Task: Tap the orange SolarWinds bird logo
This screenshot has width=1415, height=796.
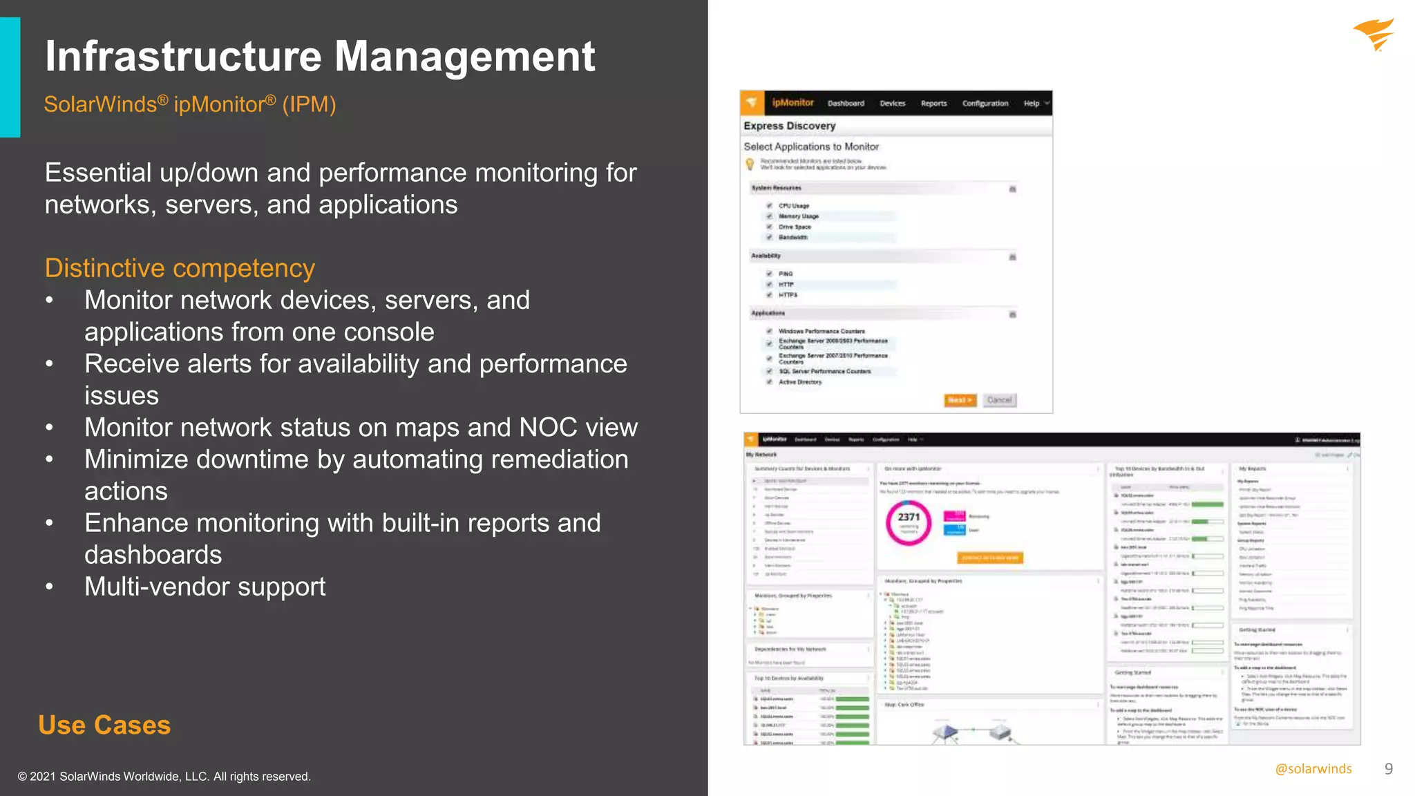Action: pyautogui.click(x=1374, y=35)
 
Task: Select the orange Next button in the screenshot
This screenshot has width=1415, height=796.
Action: pyautogui.click(x=960, y=400)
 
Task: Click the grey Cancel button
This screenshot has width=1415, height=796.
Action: pyautogui.click(x=999, y=400)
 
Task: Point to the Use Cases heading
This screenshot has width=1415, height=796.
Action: pyautogui.click(x=104, y=725)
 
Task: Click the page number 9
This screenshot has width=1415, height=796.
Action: pyautogui.click(x=1388, y=769)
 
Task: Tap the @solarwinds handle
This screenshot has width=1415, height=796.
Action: pyautogui.click(x=1313, y=769)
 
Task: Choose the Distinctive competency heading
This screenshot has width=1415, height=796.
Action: pyautogui.click(x=180, y=268)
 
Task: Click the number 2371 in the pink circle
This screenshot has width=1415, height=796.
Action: pyautogui.click(x=909, y=517)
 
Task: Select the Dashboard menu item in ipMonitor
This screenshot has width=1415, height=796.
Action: pyautogui.click(x=846, y=104)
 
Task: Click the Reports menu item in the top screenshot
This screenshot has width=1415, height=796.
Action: pyautogui.click(x=933, y=104)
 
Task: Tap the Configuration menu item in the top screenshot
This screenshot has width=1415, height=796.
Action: pyautogui.click(x=985, y=104)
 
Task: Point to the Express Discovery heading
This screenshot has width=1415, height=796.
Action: pyautogui.click(x=789, y=126)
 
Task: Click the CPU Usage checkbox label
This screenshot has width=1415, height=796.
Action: pyautogui.click(x=793, y=206)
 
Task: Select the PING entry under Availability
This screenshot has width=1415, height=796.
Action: pyautogui.click(x=786, y=274)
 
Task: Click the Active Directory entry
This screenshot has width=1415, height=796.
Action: pyautogui.click(x=800, y=382)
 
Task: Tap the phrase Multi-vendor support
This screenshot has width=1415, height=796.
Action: pyautogui.click(x=205, y=587)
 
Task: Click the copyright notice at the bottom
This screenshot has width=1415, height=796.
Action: pyautogui.click(x=164, y=777)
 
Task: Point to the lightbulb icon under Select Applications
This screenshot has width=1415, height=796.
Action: pyautogui.click(x=750, y=164)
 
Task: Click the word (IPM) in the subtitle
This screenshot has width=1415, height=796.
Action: pyautogui.click(x=309, y=104)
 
